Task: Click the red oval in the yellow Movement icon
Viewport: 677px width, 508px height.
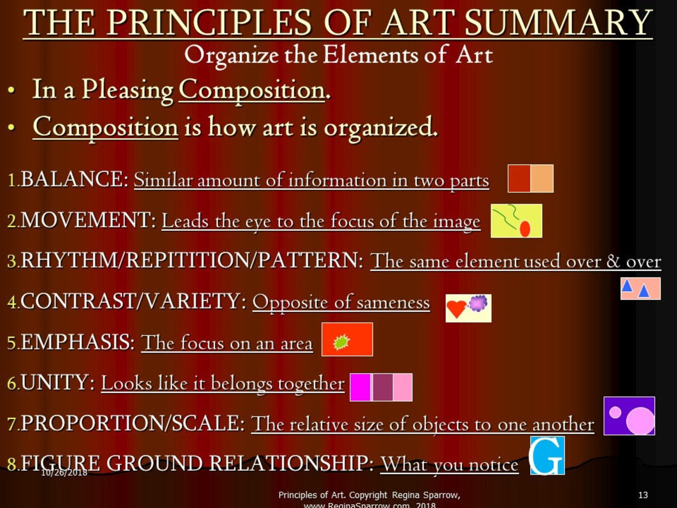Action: point(525,229)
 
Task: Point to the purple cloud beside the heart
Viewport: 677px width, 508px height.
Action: point(478,303)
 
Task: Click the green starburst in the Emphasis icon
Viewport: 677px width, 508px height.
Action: point(341,342)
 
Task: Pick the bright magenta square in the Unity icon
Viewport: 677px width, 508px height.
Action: point(360,387)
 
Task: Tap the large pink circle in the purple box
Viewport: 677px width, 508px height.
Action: point(640,421)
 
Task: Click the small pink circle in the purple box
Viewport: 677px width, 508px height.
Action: point(615,412)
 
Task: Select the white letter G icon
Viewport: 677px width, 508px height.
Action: point(547,456)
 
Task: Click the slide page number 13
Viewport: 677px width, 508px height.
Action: point(643,495)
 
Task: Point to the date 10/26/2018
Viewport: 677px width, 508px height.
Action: point(64,472)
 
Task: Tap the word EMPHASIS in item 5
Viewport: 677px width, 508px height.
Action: point(77,342)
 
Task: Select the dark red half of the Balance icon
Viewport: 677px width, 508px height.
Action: point(519,179)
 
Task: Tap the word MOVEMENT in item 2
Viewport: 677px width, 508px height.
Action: point(86,220)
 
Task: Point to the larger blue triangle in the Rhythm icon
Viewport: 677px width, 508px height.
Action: point(644,291)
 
